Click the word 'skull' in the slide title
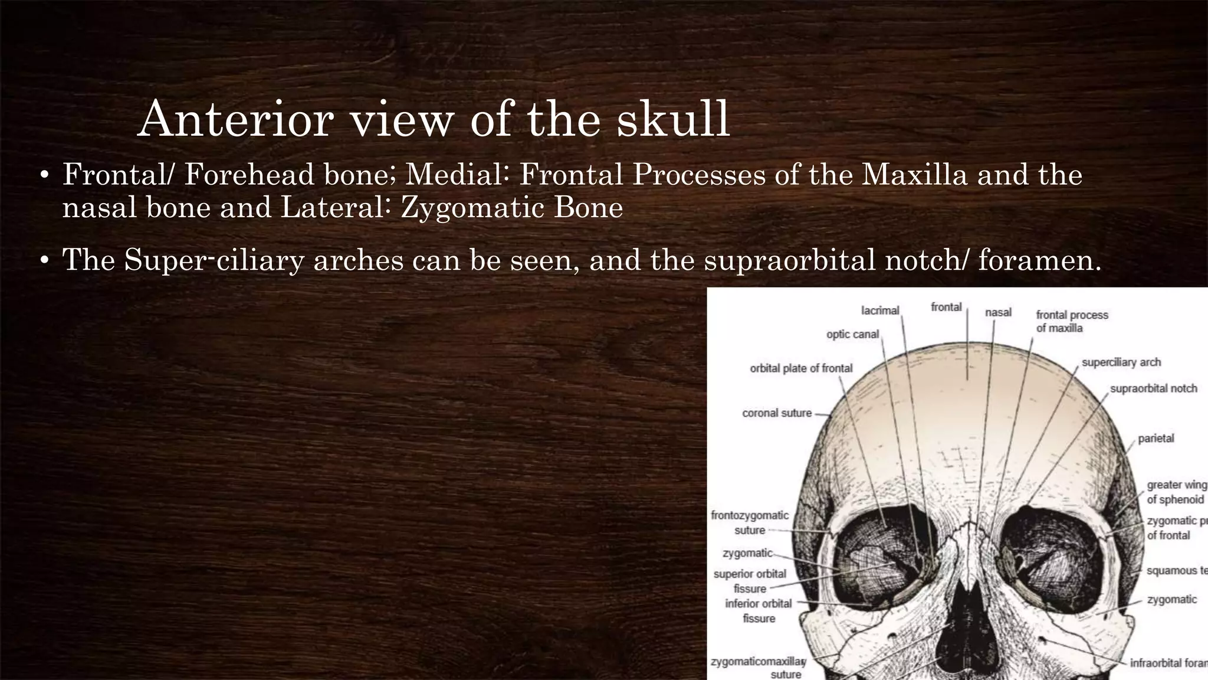(x=673, y=120)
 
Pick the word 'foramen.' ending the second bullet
(x=1039, y=260)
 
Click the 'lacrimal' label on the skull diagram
(x=880, y=310)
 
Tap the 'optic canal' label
(x=852, y=334)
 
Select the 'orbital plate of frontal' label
(x=801, y=368)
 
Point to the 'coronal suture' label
(x=777, y=413)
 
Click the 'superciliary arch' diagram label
(x=1121, y=362)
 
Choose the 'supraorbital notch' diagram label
(x=1153, y=388)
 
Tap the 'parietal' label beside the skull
(x=1156, y=439)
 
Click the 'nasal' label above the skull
(x=998, y=312)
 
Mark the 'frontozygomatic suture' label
(x=750, y=522)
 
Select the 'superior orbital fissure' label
(x=750, y=581)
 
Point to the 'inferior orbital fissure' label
(x=759, y=611)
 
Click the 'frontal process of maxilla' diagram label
(x=1071, y=321)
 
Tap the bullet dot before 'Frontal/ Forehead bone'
(x=43, y=176)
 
